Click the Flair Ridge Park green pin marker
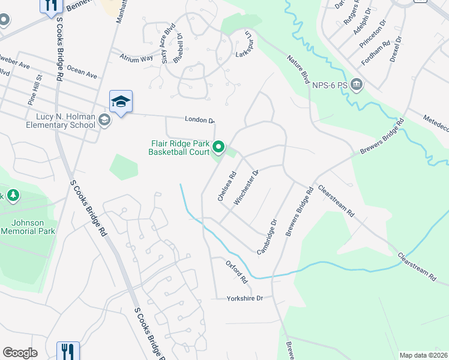220,146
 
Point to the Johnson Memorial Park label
28,227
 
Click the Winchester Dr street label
247,187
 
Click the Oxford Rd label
237,271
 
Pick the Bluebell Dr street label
178,47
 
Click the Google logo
20,353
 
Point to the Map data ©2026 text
423,355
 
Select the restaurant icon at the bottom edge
67,351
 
